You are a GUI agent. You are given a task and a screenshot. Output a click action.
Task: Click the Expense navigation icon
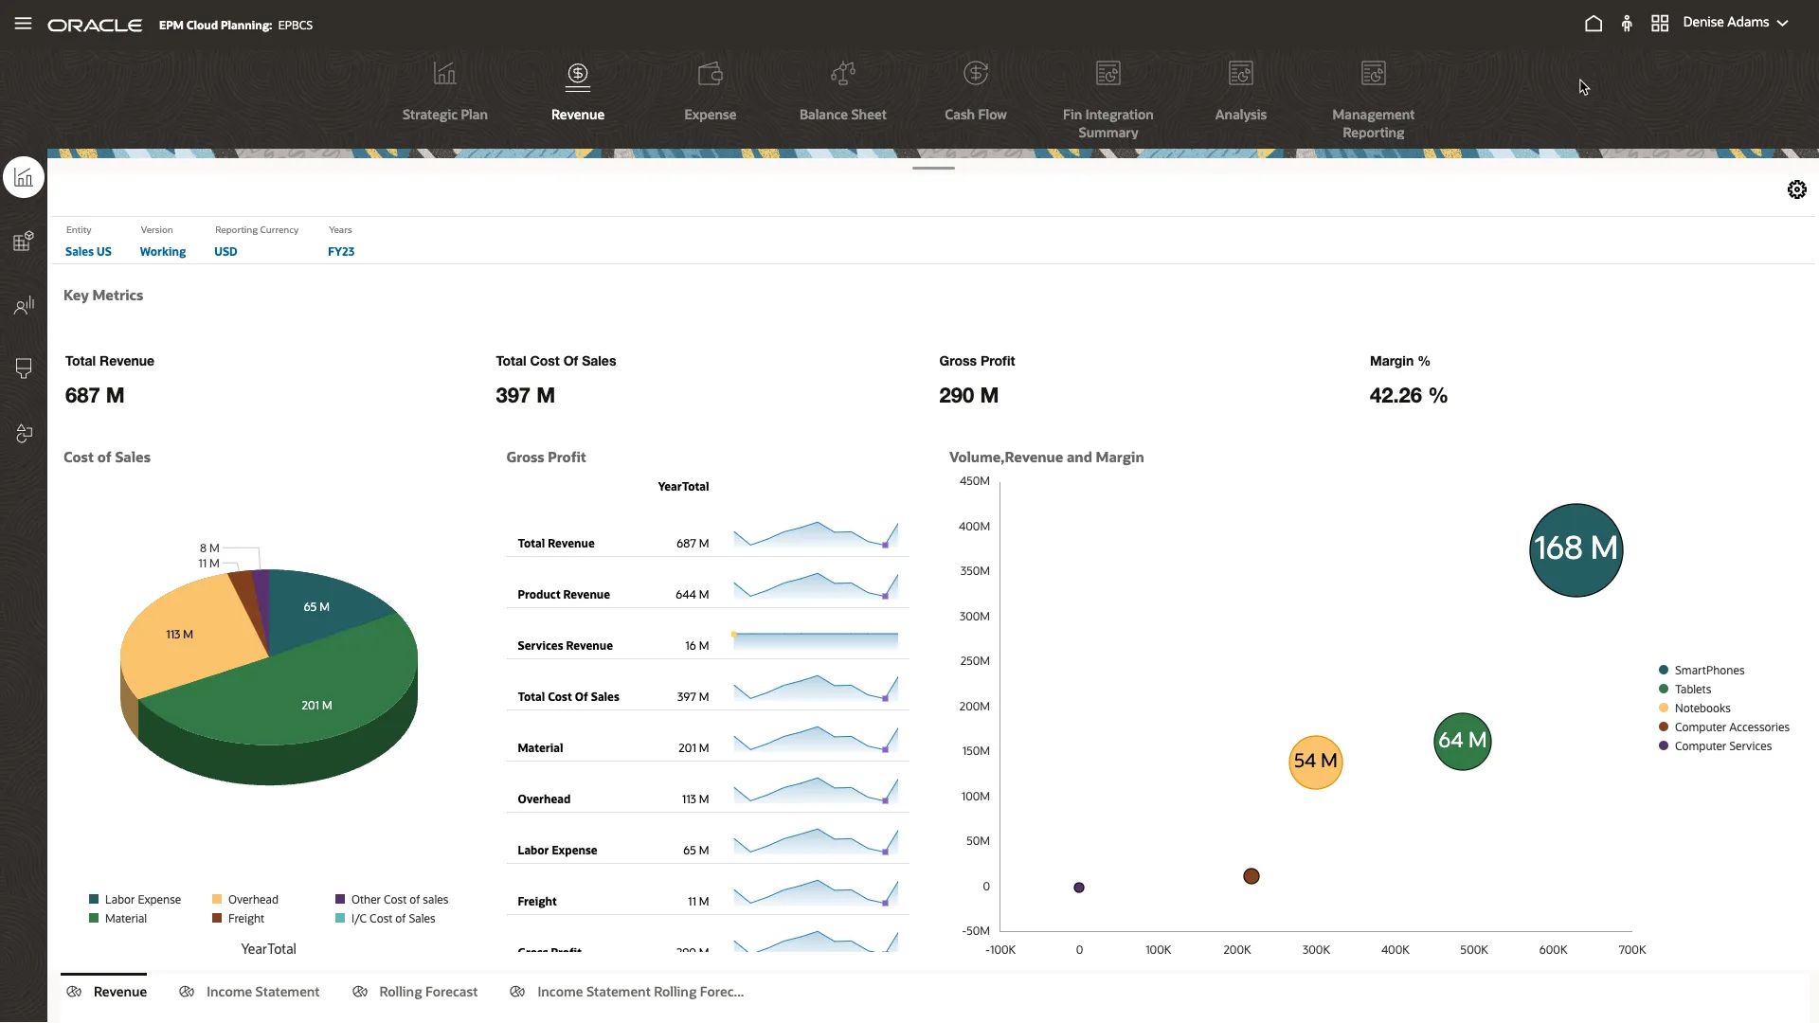pyautogui.click(x=710, y=74)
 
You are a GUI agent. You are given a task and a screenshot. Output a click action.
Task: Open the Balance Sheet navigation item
pyautogui.click(x=842, y=92)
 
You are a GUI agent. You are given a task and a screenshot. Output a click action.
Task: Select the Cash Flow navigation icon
pyautogui.click(x=975, y=74)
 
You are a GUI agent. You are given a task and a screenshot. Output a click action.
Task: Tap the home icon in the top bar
pyautogui.click(x=1594, y=24)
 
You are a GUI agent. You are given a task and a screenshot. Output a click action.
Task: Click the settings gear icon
pyautogui.click(x=1796, y=189)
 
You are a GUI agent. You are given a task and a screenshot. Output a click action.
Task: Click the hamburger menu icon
pyautogui.click(x=24, y=24)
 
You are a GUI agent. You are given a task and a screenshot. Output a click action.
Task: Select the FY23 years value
pyautogui.click(x=341, y=252)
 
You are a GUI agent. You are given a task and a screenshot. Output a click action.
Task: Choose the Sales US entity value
pyautogui.click(x=88, y=252)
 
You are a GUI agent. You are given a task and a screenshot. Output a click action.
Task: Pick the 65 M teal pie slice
pyautogui.click(x=317, y=606)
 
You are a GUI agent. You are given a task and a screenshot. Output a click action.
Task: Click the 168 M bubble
pyautogui.click(x=1576, y=549)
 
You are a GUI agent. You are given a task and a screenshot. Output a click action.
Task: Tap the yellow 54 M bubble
pyautogui.click(x=1315, y=762)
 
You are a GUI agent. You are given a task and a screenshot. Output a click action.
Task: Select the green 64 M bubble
pyautogui.click(x=1462, y=741)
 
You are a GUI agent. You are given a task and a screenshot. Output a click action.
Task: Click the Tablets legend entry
pyautogui.click(x=1692, y=690)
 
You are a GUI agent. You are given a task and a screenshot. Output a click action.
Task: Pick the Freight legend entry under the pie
pyautogui.click(x=245, y=919)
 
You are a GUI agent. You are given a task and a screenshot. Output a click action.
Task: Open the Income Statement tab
pyautogui.click(x=262, y=992)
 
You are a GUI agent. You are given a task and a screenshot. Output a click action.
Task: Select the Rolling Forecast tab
pyautogui.click(x=428, y=992)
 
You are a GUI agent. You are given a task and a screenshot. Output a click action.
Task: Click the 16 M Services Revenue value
pyautogui.click(x=696, y=646)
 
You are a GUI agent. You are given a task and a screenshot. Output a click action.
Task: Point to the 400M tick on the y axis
pyautogui.click(x=974, y=527)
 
